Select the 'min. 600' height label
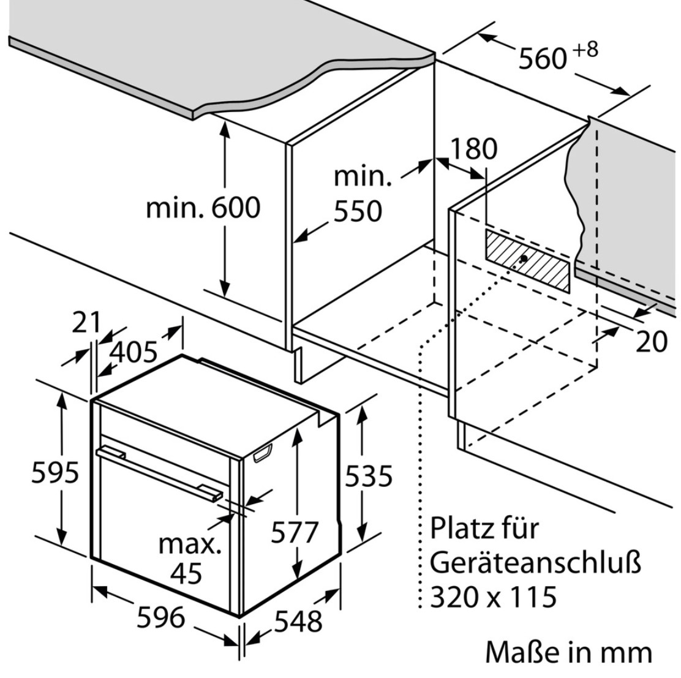click(203, 208)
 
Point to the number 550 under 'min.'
click(358, 211)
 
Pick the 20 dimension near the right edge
click(651, 342)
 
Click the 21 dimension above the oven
click(86, 323)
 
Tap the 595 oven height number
click(56, 472)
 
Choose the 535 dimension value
click(368, 475)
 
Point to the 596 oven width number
click(160, 616)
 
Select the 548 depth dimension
click(298, 621)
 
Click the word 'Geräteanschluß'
click(535, 562)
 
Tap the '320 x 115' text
click(494, 596)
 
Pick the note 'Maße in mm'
click(569, 652)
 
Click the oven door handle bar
click(159, 472)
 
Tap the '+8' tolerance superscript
click(585, 50)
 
